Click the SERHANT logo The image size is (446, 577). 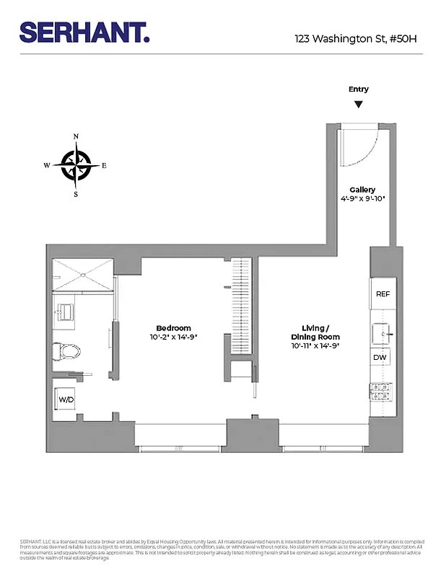coord(84,32)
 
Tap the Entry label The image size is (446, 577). coord(359,89)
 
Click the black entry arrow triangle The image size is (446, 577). coord(359,105)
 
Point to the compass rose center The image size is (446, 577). coord(76,165)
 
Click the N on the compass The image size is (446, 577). coord(76,137)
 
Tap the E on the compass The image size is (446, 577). coord(104,166)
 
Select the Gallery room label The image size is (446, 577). coord(363,190)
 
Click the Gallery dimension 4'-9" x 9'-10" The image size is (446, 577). coord(363,198)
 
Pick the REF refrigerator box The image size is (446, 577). coord(382,294)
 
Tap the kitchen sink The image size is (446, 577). coord(382,332)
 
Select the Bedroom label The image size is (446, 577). coord(174,328)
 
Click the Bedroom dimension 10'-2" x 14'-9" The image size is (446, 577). coord(174,337)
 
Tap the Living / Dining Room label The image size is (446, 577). coord(315,332)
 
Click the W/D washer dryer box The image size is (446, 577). coord(66,399)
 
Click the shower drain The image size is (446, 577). coord(83,274)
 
